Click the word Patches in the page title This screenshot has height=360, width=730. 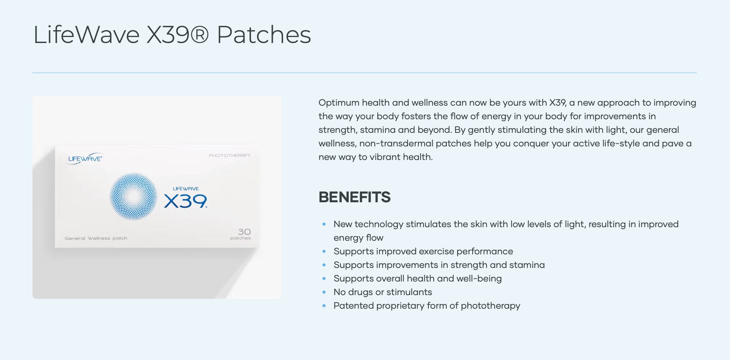point(264,35)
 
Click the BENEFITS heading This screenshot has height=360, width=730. point(354,197)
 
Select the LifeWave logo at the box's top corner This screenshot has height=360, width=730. point(85,159)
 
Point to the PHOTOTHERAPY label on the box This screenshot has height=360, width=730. point(230,155)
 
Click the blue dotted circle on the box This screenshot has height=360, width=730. point(134,196)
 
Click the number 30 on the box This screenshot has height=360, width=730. point(244,232)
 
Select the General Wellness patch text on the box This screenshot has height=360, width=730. point(96,238)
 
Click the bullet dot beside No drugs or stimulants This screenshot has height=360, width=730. point(324,292)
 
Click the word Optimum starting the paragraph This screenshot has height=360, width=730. point(339,103)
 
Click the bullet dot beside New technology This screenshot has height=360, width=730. point(324,224)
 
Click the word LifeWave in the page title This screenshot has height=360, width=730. point(86,35)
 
